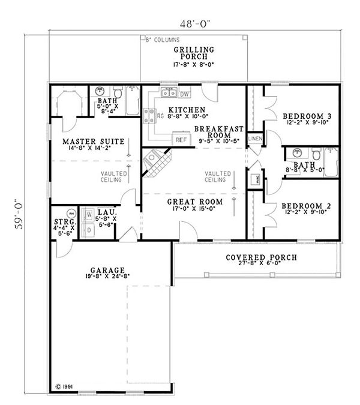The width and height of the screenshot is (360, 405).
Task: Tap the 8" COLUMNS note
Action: click(162, 40)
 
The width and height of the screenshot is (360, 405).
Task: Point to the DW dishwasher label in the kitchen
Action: click(185, 94)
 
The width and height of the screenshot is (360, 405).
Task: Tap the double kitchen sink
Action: click(168, 94)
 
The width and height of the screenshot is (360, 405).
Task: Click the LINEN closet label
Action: click(254, 139)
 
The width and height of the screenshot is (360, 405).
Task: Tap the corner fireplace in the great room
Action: click(154, 162)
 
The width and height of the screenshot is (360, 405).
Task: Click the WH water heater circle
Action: click(71, 213)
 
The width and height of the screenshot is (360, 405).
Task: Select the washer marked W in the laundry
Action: click(89, 214)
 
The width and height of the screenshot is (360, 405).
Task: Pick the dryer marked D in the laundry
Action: click(89, 229)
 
